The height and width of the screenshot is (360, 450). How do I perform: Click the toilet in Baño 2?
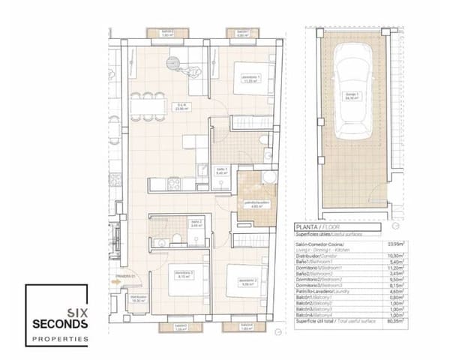175,238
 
